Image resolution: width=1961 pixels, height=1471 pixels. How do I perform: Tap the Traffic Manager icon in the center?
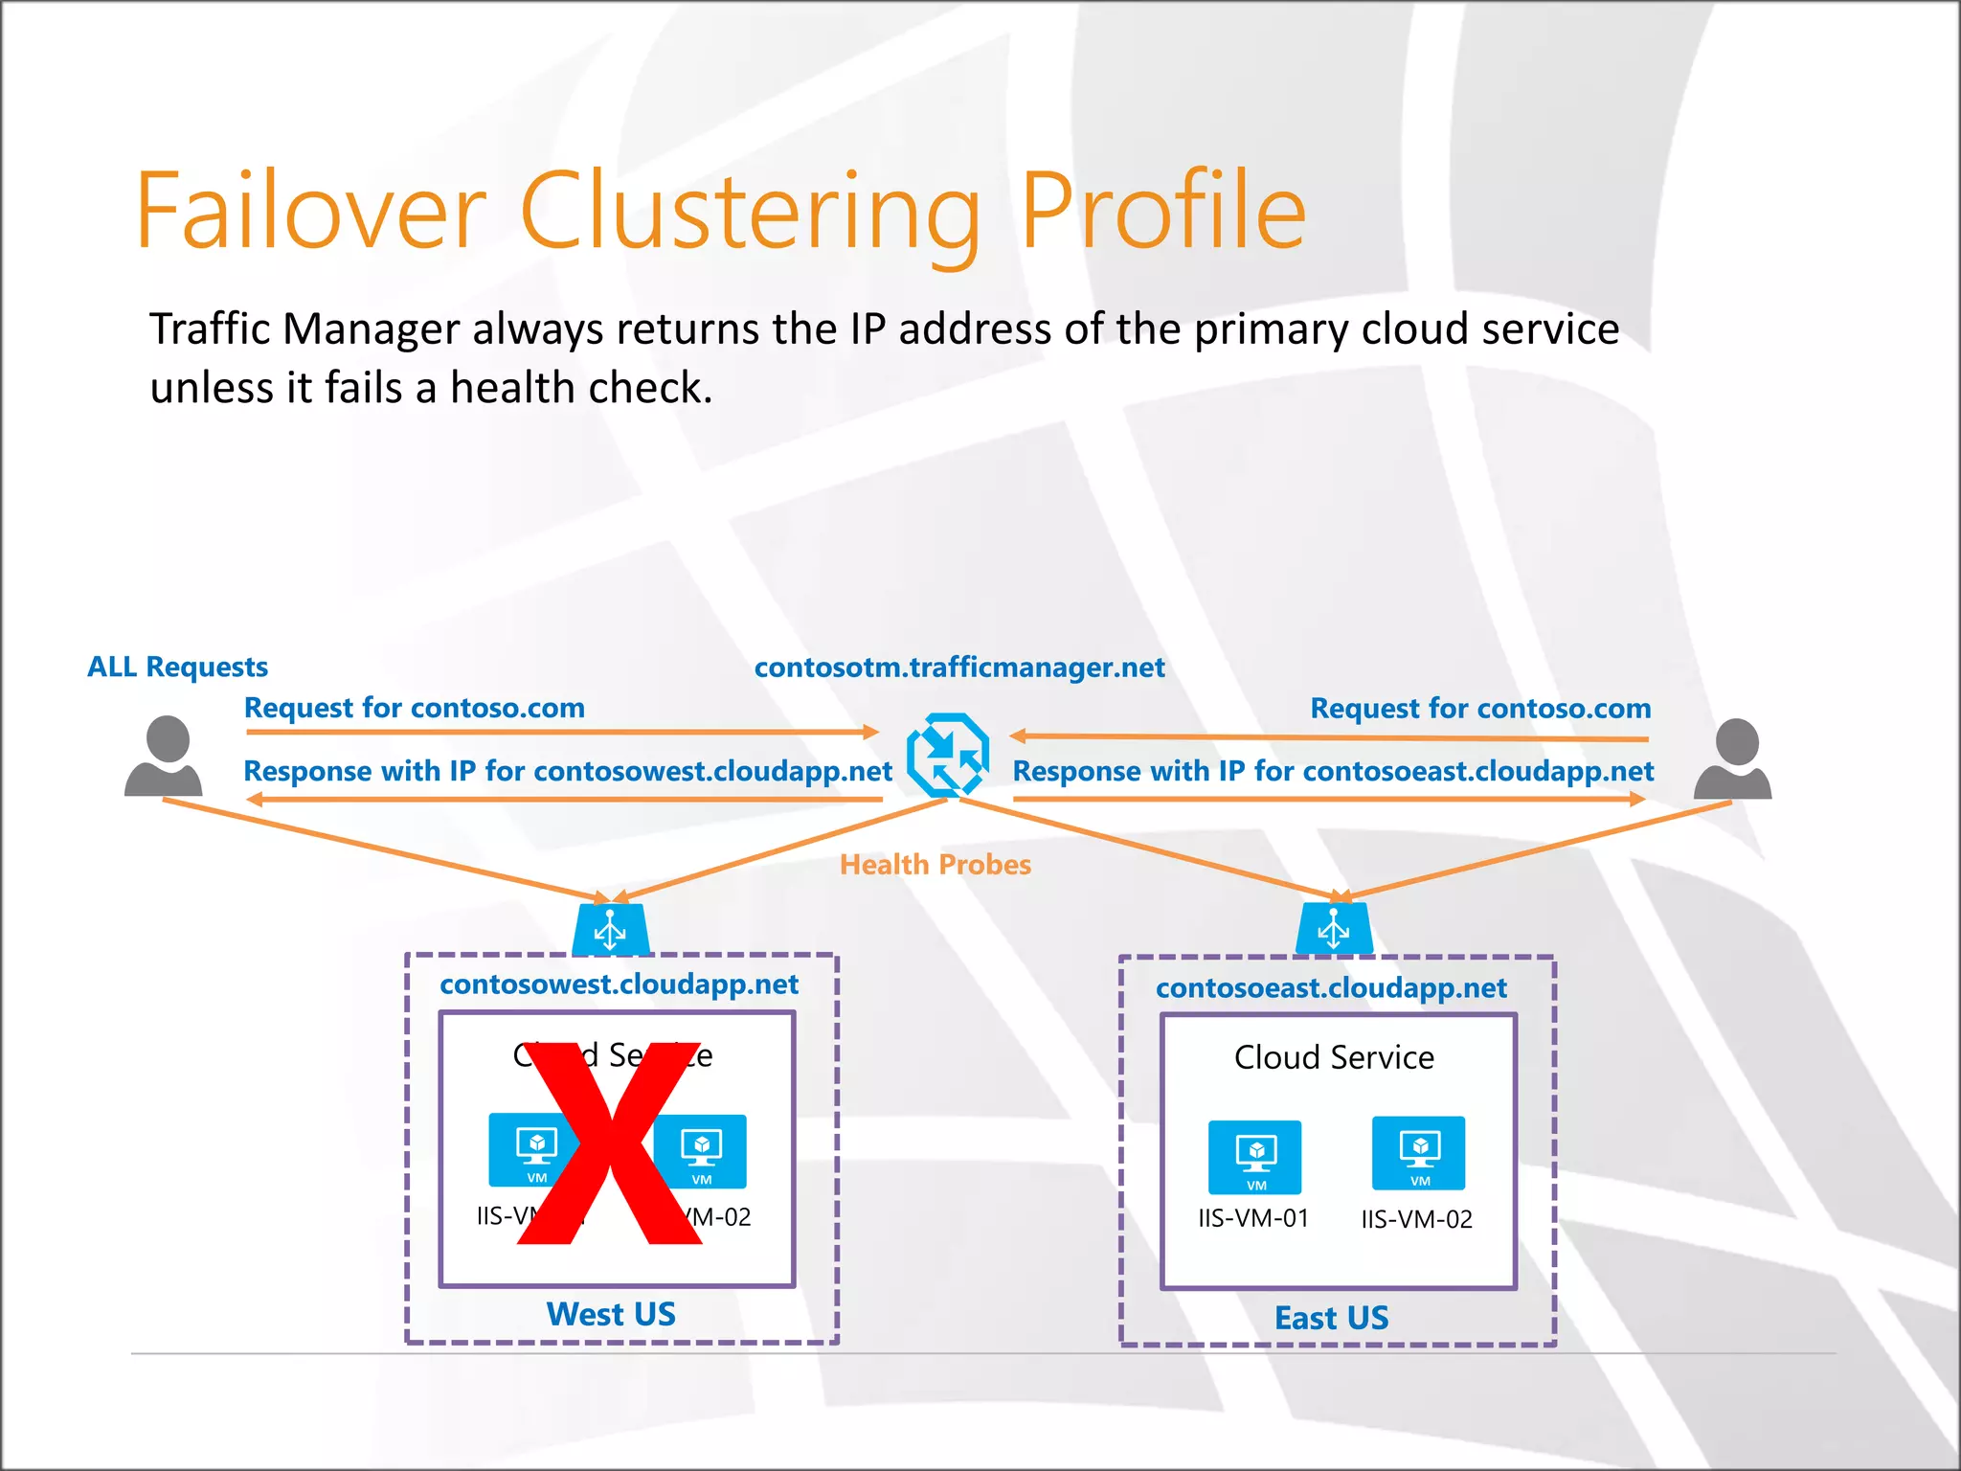coord(947,755)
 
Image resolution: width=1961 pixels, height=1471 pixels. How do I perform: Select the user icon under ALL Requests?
coord(165,757)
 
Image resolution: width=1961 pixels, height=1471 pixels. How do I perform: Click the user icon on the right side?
coord(1733,758)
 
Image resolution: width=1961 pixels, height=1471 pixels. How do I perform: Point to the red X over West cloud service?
coord(609,1144)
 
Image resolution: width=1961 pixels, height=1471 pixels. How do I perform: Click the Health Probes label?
coord(935,865)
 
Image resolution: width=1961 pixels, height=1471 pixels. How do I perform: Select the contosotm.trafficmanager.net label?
coord(959,668)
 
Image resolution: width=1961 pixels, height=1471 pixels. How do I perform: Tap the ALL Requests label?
coord(178,667)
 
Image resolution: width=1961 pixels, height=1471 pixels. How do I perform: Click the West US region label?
coord(611,1314)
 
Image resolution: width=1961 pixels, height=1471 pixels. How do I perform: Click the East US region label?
coord(1331,1318)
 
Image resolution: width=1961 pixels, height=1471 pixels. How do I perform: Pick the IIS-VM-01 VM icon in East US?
coord(1254,1156)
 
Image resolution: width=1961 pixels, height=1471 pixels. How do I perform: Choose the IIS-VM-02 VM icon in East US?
coord(1418,1153)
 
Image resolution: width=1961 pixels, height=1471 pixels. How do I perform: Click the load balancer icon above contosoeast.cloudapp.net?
coord(1334,928)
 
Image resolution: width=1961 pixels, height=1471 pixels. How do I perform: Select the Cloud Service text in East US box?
coord(1334,1057)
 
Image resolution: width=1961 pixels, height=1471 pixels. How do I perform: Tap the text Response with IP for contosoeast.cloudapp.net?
coord(1333,771)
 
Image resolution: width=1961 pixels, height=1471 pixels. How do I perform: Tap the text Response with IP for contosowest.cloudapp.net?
coord(567,771)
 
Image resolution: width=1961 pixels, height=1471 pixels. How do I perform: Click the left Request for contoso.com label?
coord(415,708)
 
